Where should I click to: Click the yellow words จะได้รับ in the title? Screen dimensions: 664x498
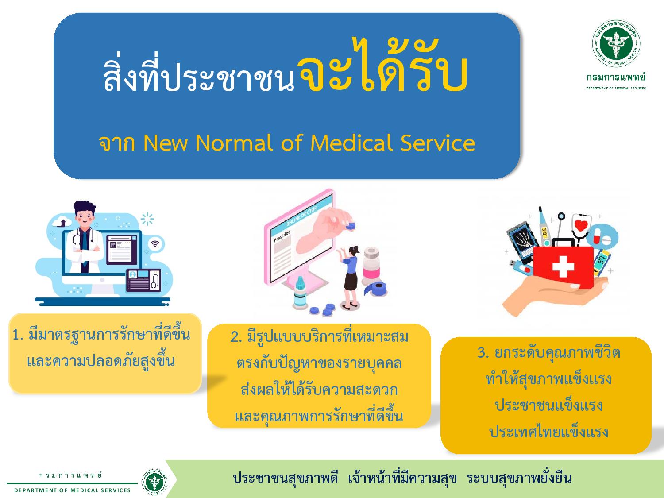pyautogui.click(x=383, y=66)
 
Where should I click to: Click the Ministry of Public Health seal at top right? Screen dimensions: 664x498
pyautogui.click(x=616, y=43)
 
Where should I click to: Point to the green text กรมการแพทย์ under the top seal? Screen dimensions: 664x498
pyautogui.click(x=616, y=77)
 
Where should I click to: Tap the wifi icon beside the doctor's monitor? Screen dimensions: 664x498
pyautogui.click(x=155, y=244)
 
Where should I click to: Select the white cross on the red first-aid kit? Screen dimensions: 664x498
pyautogui.click(x=563, y=266)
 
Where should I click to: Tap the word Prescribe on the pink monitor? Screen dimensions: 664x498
pyautogui.click(x=282, y=236)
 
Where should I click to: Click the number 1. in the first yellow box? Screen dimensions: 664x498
pyautogui.click(x=18, y=335)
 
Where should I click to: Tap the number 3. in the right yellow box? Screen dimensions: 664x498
pyautogui.click(x=483, y=352)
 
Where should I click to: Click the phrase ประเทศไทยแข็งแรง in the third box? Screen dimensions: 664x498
pyautogui.click(x=549, y=432)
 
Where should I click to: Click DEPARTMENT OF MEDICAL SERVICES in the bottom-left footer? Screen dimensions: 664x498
pyautogui.click(x=72, y=490)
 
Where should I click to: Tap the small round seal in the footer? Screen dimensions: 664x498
pyautogui.click(x=154, y=482)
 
